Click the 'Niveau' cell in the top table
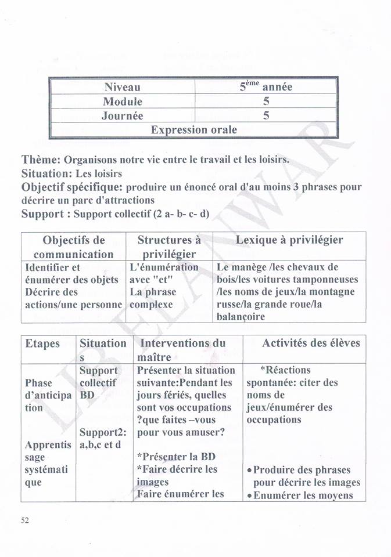click(x=122, y=87)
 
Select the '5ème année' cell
click(x=266, y=87)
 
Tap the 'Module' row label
click(x=122, y=102)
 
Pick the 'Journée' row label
click(x=122, y=115)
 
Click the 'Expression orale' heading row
click(x=193, y=130)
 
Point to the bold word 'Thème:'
click(x=41, y=160)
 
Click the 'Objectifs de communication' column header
click(x=74, y=247)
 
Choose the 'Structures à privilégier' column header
click(x=169, y=247)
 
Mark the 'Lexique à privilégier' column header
click(x=289, y=240)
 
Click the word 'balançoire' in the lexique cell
click(x=241, y=317)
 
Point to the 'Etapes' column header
click(x=42, y=343)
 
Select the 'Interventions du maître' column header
click(x=182, y=350)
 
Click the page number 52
click(x=25, y=520)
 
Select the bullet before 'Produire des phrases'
click(x=248, y=471)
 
